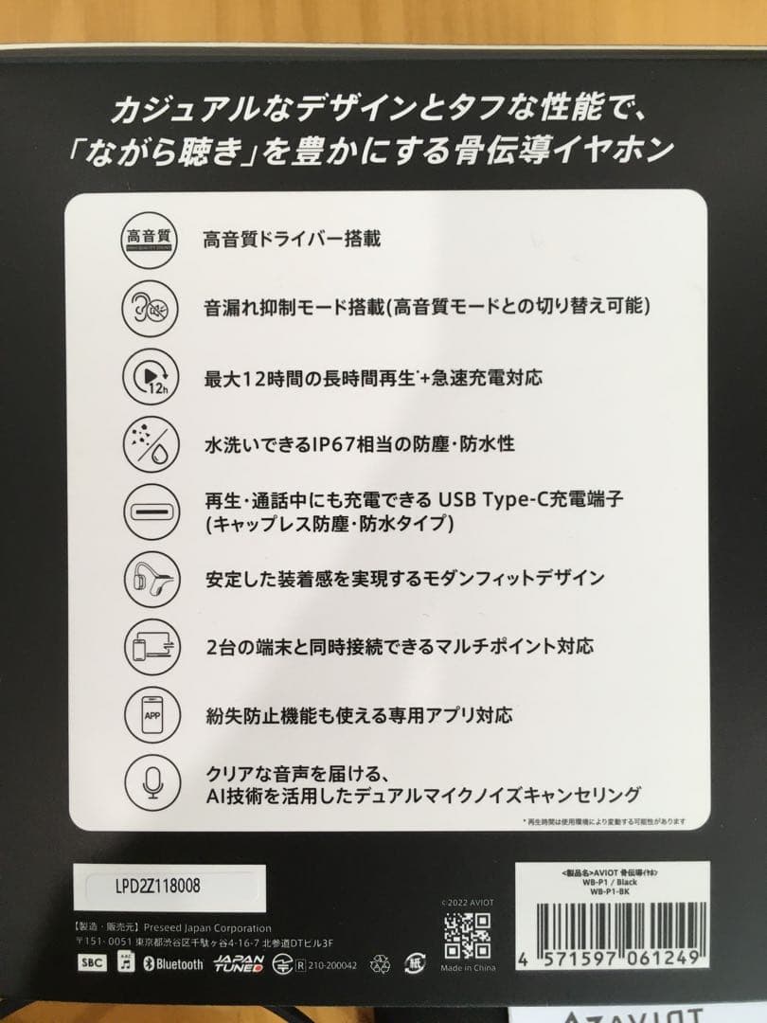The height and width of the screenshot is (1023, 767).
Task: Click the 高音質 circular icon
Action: tap(146, 238)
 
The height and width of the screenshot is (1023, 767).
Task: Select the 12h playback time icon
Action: tap(146, 376)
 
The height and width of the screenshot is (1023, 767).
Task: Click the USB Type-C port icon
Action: tap(146, 510)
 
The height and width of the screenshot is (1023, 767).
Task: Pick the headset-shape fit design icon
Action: tap(146, 577)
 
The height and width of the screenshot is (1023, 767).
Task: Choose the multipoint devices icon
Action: tap(146, 646)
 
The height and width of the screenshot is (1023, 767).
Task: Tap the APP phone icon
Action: tap(146, 713)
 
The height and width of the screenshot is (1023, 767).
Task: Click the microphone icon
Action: tap(146, 781)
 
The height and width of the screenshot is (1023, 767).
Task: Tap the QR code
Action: tap(466, 936)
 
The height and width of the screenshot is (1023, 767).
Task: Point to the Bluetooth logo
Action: tap(173, 964)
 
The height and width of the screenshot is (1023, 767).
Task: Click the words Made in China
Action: tap(467, 968)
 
